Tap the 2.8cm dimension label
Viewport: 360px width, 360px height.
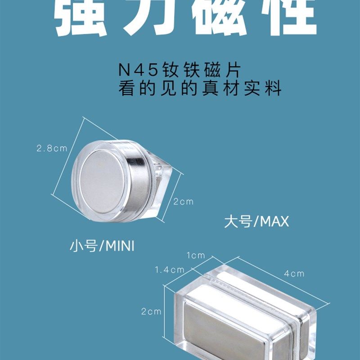pos(52,148)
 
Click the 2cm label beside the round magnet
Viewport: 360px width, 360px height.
pos(184,202)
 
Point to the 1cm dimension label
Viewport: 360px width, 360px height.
pos(196,255)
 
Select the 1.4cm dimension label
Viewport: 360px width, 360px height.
pos(170,270)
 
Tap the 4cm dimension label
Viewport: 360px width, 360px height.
pos(294,273)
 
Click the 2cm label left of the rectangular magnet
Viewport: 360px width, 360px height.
pos(151,311)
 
